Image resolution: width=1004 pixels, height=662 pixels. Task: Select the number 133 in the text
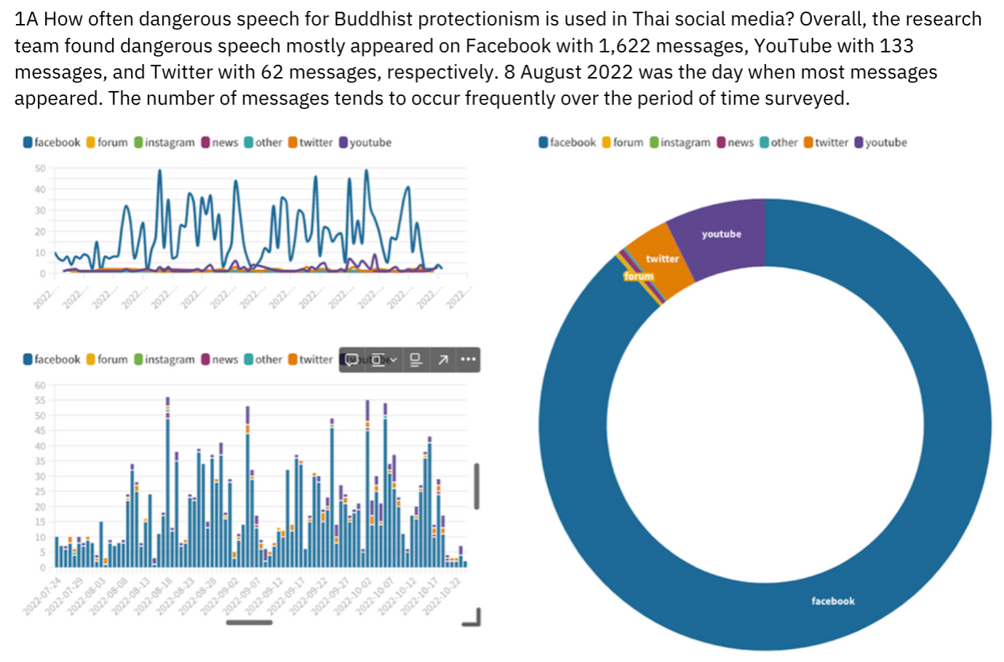pyautogui.click(x=896, y=46)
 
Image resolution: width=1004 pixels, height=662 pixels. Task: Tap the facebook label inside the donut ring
pyautogui.click(x=833, y=601)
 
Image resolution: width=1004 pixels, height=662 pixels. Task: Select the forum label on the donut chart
pyautogui.click(x=639, y=276)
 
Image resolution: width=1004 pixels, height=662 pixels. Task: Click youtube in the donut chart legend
pyautogui.click(x=886, y=143)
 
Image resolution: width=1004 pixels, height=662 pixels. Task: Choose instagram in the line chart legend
pyautogui.click(x=170, y=143)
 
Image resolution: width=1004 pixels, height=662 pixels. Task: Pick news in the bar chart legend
pyautogui.click(x=225, y=359)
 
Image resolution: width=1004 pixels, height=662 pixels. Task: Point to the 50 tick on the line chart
pyautogui.click(x=40, y=168)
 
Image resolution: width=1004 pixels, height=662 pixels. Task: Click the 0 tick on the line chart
pyautogui.click(x=42, y=274)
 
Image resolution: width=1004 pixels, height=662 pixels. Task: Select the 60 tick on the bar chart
pyautogui.click(x=40, y=386)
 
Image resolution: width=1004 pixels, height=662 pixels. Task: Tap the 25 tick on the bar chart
pyautogui.click(x=40, y=492)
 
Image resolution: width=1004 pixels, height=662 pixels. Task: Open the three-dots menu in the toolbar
pyautogui.click(x=469, y=359)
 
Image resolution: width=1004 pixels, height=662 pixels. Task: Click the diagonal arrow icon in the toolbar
pyautogui.click(x=442, y=359)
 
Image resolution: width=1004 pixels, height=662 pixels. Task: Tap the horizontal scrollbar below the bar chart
pyautogui.click(x=249, y=622)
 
